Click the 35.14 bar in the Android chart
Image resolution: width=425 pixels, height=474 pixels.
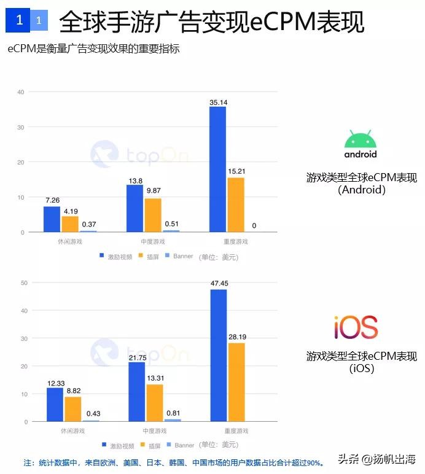(x=218, y=169)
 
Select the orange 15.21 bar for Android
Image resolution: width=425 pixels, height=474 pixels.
(x=236, y=204)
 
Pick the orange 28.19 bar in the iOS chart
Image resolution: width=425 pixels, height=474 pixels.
(x=236, y=382)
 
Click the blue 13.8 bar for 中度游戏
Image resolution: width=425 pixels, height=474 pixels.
(x=135, y=208)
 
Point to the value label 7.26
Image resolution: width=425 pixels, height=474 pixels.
(x=52, y=201)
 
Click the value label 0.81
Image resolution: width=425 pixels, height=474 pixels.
(x=173, y=413)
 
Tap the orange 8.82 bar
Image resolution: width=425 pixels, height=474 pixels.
(x=72, y=409)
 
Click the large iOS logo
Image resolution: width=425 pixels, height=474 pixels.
(x=356, y=327)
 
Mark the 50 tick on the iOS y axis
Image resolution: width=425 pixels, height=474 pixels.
(x=24, y=283)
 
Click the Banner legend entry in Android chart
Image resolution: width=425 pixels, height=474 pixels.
(x=179, y=256)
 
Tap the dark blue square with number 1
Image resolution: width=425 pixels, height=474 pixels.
(x=18, y=21)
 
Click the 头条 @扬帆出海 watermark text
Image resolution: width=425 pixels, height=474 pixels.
(x=376, y=459)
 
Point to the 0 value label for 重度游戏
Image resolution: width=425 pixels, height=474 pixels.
(x=254, y=226)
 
